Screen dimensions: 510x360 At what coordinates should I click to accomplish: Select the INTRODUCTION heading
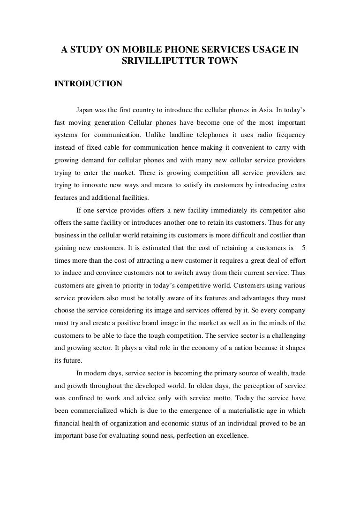pos(89,84)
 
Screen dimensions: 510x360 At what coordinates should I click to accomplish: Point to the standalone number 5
pos(303,247)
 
